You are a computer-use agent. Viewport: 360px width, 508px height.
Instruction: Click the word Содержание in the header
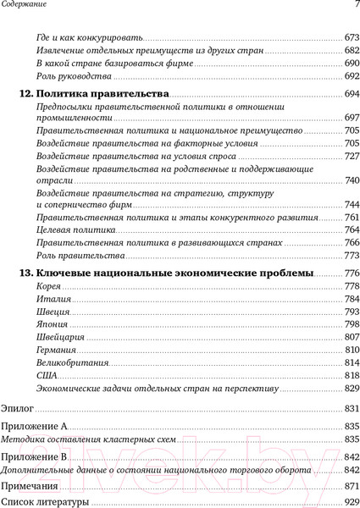pos(25,7)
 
